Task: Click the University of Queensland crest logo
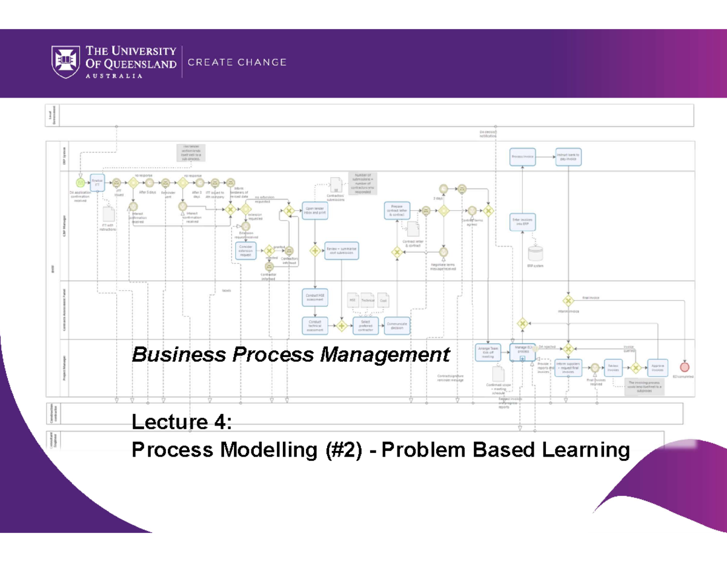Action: click(67, 62)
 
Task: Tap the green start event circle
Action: click(80, 182)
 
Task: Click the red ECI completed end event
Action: click(685, 367)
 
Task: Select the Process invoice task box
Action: click(522, 156)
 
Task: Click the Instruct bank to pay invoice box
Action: click(568, 156)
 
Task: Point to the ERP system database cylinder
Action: click(535, 253)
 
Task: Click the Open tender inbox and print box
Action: click(315, 210)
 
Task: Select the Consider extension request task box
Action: click(246, 250)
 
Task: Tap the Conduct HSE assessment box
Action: click(315, 296)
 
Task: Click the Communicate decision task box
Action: click(397, 326)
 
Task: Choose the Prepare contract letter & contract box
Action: click(397, 210)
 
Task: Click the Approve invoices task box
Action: click(657, 367)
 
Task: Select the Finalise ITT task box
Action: click(97, 181)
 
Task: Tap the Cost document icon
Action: click(383, 299)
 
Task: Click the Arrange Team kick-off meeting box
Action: click(488, 352)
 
